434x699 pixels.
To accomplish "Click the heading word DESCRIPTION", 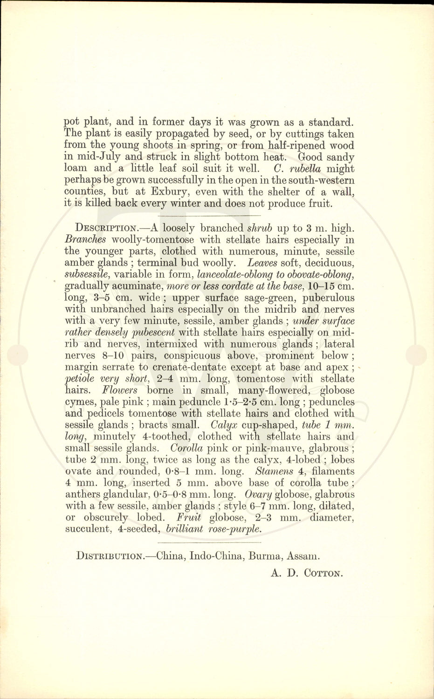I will [x=106, y=228].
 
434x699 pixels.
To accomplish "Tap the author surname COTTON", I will [x=323, y=573].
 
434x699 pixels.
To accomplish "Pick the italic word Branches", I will [x=85, y=240].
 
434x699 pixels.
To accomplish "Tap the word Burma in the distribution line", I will [x=265, y=556].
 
